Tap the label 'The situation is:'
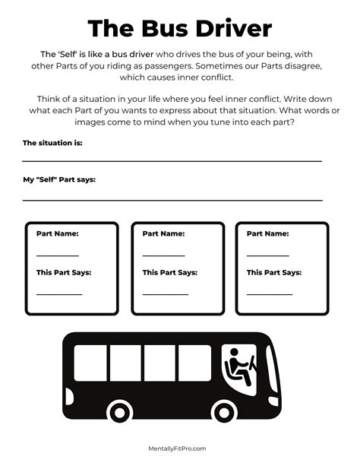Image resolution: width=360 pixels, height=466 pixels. pos(52,143)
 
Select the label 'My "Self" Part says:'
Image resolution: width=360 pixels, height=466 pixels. pos(59,180)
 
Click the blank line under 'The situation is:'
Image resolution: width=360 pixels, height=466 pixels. pos(172,161)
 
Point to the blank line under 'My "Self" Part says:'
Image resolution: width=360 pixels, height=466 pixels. pos(172,199)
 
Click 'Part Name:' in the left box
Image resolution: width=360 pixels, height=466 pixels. pos(57,234)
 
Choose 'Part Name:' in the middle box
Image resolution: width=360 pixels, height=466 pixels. pos(163,234)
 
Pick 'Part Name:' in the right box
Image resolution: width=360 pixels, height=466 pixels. pos(267,234)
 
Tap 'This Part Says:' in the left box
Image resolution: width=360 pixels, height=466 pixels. pos(64,272)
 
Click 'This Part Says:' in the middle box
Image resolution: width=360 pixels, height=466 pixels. pos(169,272)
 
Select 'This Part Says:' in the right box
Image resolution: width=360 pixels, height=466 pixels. pos(273,272)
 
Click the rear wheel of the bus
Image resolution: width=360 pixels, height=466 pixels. pos(119,411)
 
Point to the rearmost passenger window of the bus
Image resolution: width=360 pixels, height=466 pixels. pos(90,363)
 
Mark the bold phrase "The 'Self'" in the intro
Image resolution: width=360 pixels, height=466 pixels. pos(62,54)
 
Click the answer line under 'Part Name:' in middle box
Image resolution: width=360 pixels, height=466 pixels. pos(163,255)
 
